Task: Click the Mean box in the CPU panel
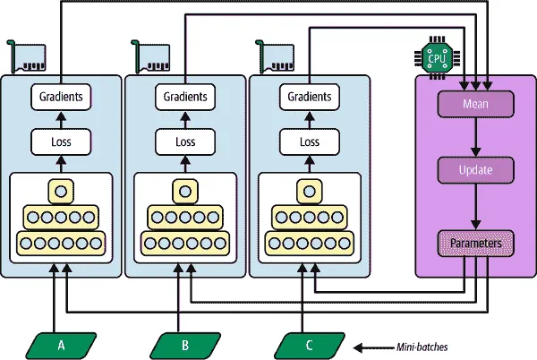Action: point(475,105)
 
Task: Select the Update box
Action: point(475,168)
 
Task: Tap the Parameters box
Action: point(475,242)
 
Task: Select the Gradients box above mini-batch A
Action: point(61,95)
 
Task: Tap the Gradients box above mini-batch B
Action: point(185,95)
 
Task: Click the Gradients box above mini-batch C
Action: point(309,95)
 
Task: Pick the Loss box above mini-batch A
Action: point(61,141)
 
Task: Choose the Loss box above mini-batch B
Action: point(185,141)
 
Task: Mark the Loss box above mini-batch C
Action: point(309,141)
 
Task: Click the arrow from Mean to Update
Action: point(475,137)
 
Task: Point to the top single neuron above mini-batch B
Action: point(185,190)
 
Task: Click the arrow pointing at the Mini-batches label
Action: point(369,346)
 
